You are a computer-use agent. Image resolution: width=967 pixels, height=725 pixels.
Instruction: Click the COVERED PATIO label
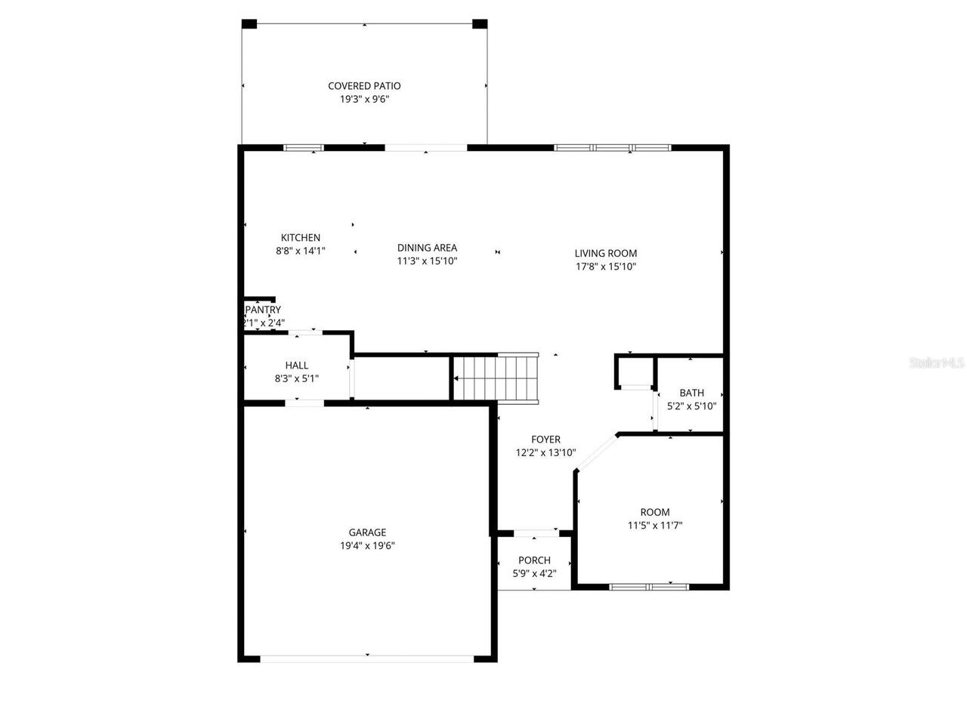[x=364, y=86]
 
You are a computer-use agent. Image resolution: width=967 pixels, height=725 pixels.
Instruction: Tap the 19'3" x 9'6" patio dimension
[x=364, y=99]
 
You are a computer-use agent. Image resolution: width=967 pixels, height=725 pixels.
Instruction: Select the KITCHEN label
[x=301, y=238]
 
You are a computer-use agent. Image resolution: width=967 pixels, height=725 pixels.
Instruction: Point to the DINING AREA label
[x=427, y=248]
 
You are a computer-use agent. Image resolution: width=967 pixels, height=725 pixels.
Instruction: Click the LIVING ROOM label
[x=605, y=254]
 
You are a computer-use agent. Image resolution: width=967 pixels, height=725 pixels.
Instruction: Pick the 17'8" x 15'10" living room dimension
[x=605, y=267]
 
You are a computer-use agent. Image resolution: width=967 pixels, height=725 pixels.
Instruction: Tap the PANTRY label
[x=263, y=310]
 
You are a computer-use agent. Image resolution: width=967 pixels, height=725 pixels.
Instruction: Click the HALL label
[x=296, y=366]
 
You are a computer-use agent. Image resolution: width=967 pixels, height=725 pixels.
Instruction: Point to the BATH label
[x=691, y=393]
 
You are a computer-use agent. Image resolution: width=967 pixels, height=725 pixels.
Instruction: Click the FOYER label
[x=545, y=440]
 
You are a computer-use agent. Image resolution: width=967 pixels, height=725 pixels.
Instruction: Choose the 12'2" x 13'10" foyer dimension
[x=545, y=453]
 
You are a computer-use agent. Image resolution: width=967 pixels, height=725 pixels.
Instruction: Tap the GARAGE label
[x=367, y=532]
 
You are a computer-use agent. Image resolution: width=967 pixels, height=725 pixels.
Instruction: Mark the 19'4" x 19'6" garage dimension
[x=367, y=545]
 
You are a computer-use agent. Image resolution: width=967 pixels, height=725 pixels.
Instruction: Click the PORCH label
[x=534, y=560]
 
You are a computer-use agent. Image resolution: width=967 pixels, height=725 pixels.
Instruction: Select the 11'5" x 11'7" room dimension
[x=655, y=526]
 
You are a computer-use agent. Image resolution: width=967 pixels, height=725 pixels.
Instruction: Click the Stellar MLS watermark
[x=937, y=363]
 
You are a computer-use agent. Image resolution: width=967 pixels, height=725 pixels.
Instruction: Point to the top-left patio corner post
[x=249, y=24]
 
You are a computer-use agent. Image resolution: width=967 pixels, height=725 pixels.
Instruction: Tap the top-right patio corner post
[x=480, y=24]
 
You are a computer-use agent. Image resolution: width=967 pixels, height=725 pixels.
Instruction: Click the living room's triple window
[x=613, y=148]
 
